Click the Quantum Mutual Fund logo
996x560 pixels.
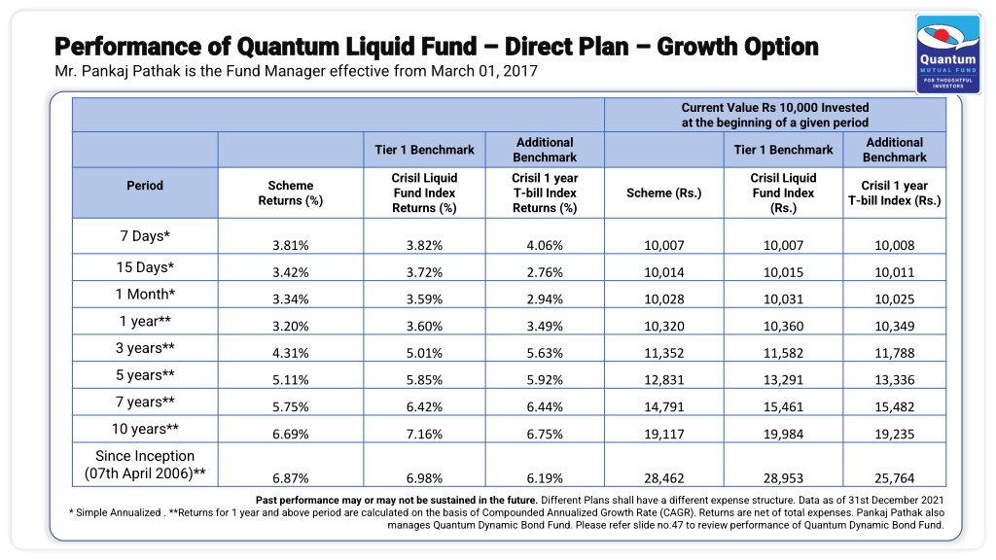947,53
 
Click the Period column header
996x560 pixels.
145,186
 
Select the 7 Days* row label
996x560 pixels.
145,236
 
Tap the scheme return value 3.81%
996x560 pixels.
290,245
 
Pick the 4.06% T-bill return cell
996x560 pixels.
545,245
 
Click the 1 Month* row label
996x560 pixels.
145,294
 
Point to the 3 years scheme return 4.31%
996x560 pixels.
290,353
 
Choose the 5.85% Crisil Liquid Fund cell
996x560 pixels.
424,380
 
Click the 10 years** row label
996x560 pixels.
145,429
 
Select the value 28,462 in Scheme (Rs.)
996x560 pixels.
663,478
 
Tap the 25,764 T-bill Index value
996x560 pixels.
895,478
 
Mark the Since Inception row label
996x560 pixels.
145,465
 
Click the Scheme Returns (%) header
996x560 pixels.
290,193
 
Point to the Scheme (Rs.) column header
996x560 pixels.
663,193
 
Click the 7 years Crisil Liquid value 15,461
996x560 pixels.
783,407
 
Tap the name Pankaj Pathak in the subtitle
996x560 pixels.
133,71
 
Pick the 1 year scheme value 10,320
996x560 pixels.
663,327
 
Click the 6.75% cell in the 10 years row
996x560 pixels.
545,435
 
